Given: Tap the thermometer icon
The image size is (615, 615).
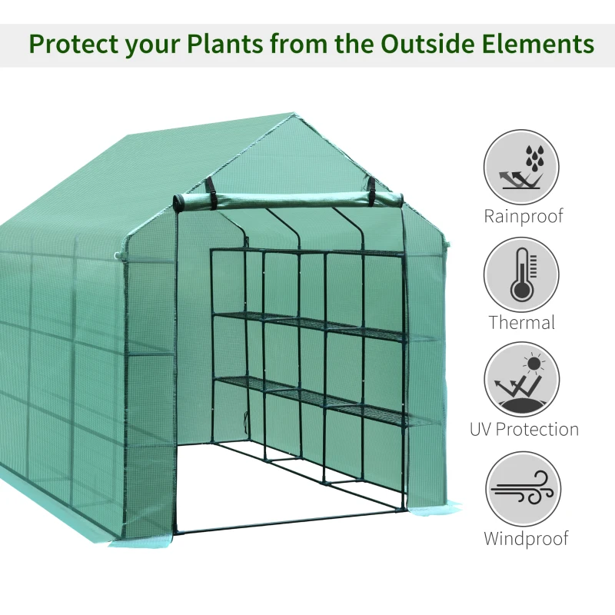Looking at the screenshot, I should pyautogui.click(x=521, y=274).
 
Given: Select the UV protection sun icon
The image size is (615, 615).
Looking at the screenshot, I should pyautogui.click(x=521, y=380).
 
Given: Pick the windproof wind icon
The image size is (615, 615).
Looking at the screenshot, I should pyautogui.click(x=521, y=489).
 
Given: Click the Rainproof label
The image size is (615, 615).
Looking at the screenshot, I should pyautogui.click(x=522, y=216).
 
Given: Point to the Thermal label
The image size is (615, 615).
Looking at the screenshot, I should pyautogui.click(x=522, y=322).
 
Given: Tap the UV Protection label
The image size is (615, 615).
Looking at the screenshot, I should pyautogui.click(x=524, y=429).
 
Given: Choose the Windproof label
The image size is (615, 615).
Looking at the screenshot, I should pyautogui.click(x=526, y=538).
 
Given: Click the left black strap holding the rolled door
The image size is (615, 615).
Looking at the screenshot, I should pyautogui.click(x=210, y=191).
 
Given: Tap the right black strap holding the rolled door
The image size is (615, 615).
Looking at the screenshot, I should pyautogui.click(x=372, y=189).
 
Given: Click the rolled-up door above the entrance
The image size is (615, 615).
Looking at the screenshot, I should pyautogui.click(x=288, y=200).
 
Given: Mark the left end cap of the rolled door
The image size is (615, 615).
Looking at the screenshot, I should pyautogui.click(x=178, y=203).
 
